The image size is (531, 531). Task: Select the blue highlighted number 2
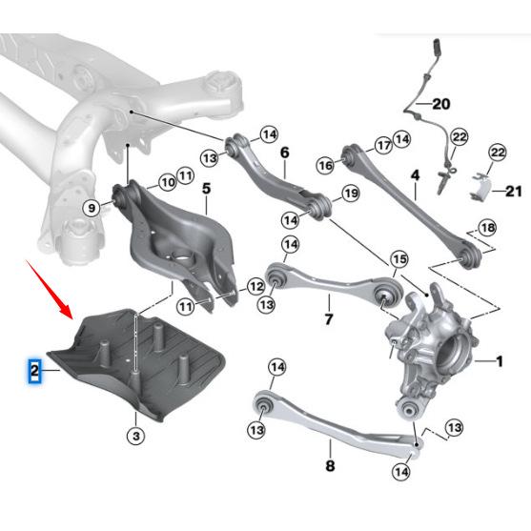tap(33, 370)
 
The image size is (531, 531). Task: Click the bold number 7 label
tap(330, 467)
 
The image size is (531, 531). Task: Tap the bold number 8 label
tap(92, 207)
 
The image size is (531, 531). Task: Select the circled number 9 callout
tap(166, 180)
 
